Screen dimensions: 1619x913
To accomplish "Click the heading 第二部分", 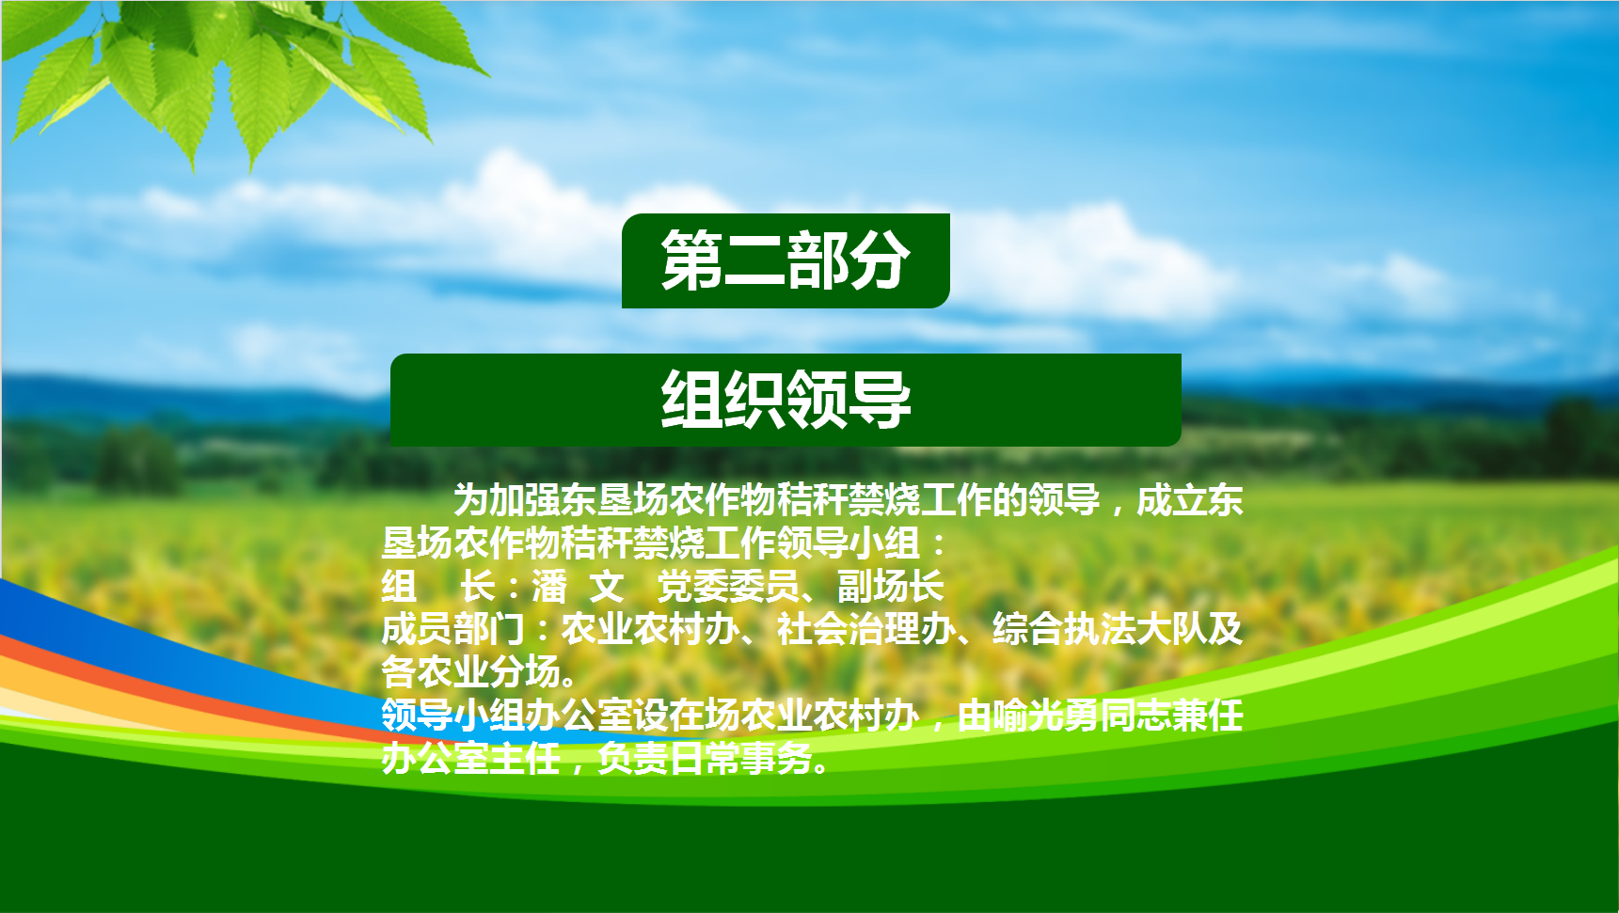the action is [x=786, y=260].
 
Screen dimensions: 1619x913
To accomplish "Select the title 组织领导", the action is [x=786, y=399].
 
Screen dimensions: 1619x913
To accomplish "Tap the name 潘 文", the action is [x=578, y=586].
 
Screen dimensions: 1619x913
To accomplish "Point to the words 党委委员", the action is [x=728, y=586].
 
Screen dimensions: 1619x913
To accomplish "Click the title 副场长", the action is [x=890, y=586].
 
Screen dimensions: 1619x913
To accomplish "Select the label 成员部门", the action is [x=452, y=629].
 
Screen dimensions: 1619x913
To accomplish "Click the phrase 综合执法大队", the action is [x=1100, y=629].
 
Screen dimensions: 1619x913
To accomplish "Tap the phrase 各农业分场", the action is [x=470, y=672].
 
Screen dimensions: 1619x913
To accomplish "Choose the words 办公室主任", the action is [x=470, y=758].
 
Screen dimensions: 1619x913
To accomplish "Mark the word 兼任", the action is [x=1208, y=716].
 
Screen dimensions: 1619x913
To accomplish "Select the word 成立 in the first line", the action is [x=1172, y=500].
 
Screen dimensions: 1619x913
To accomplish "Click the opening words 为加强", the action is [x=506, y=500].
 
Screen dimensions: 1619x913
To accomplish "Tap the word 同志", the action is [x=1135, y=716].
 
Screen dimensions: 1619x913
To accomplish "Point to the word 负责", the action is [x=633, y=758].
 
